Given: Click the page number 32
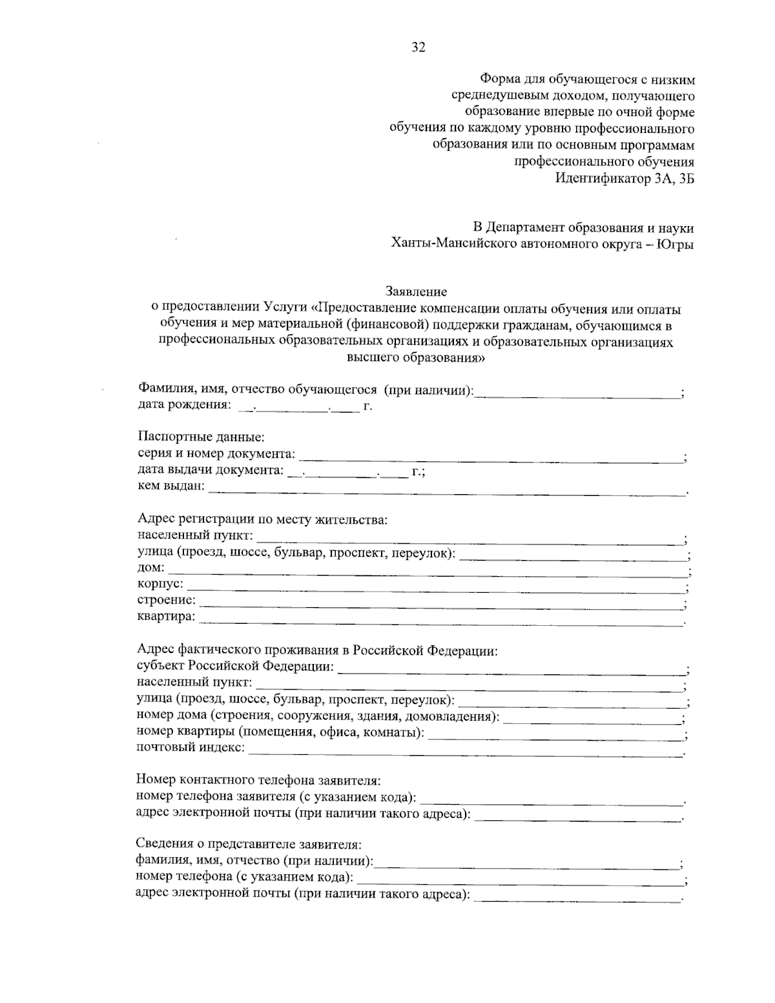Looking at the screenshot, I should click(x=418, y=47).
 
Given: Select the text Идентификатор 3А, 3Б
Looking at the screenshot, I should click(x=625, y=179).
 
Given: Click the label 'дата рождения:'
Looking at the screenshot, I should click(x=184, y=406).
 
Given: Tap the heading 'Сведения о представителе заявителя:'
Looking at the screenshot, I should click(x=249, y=844).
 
